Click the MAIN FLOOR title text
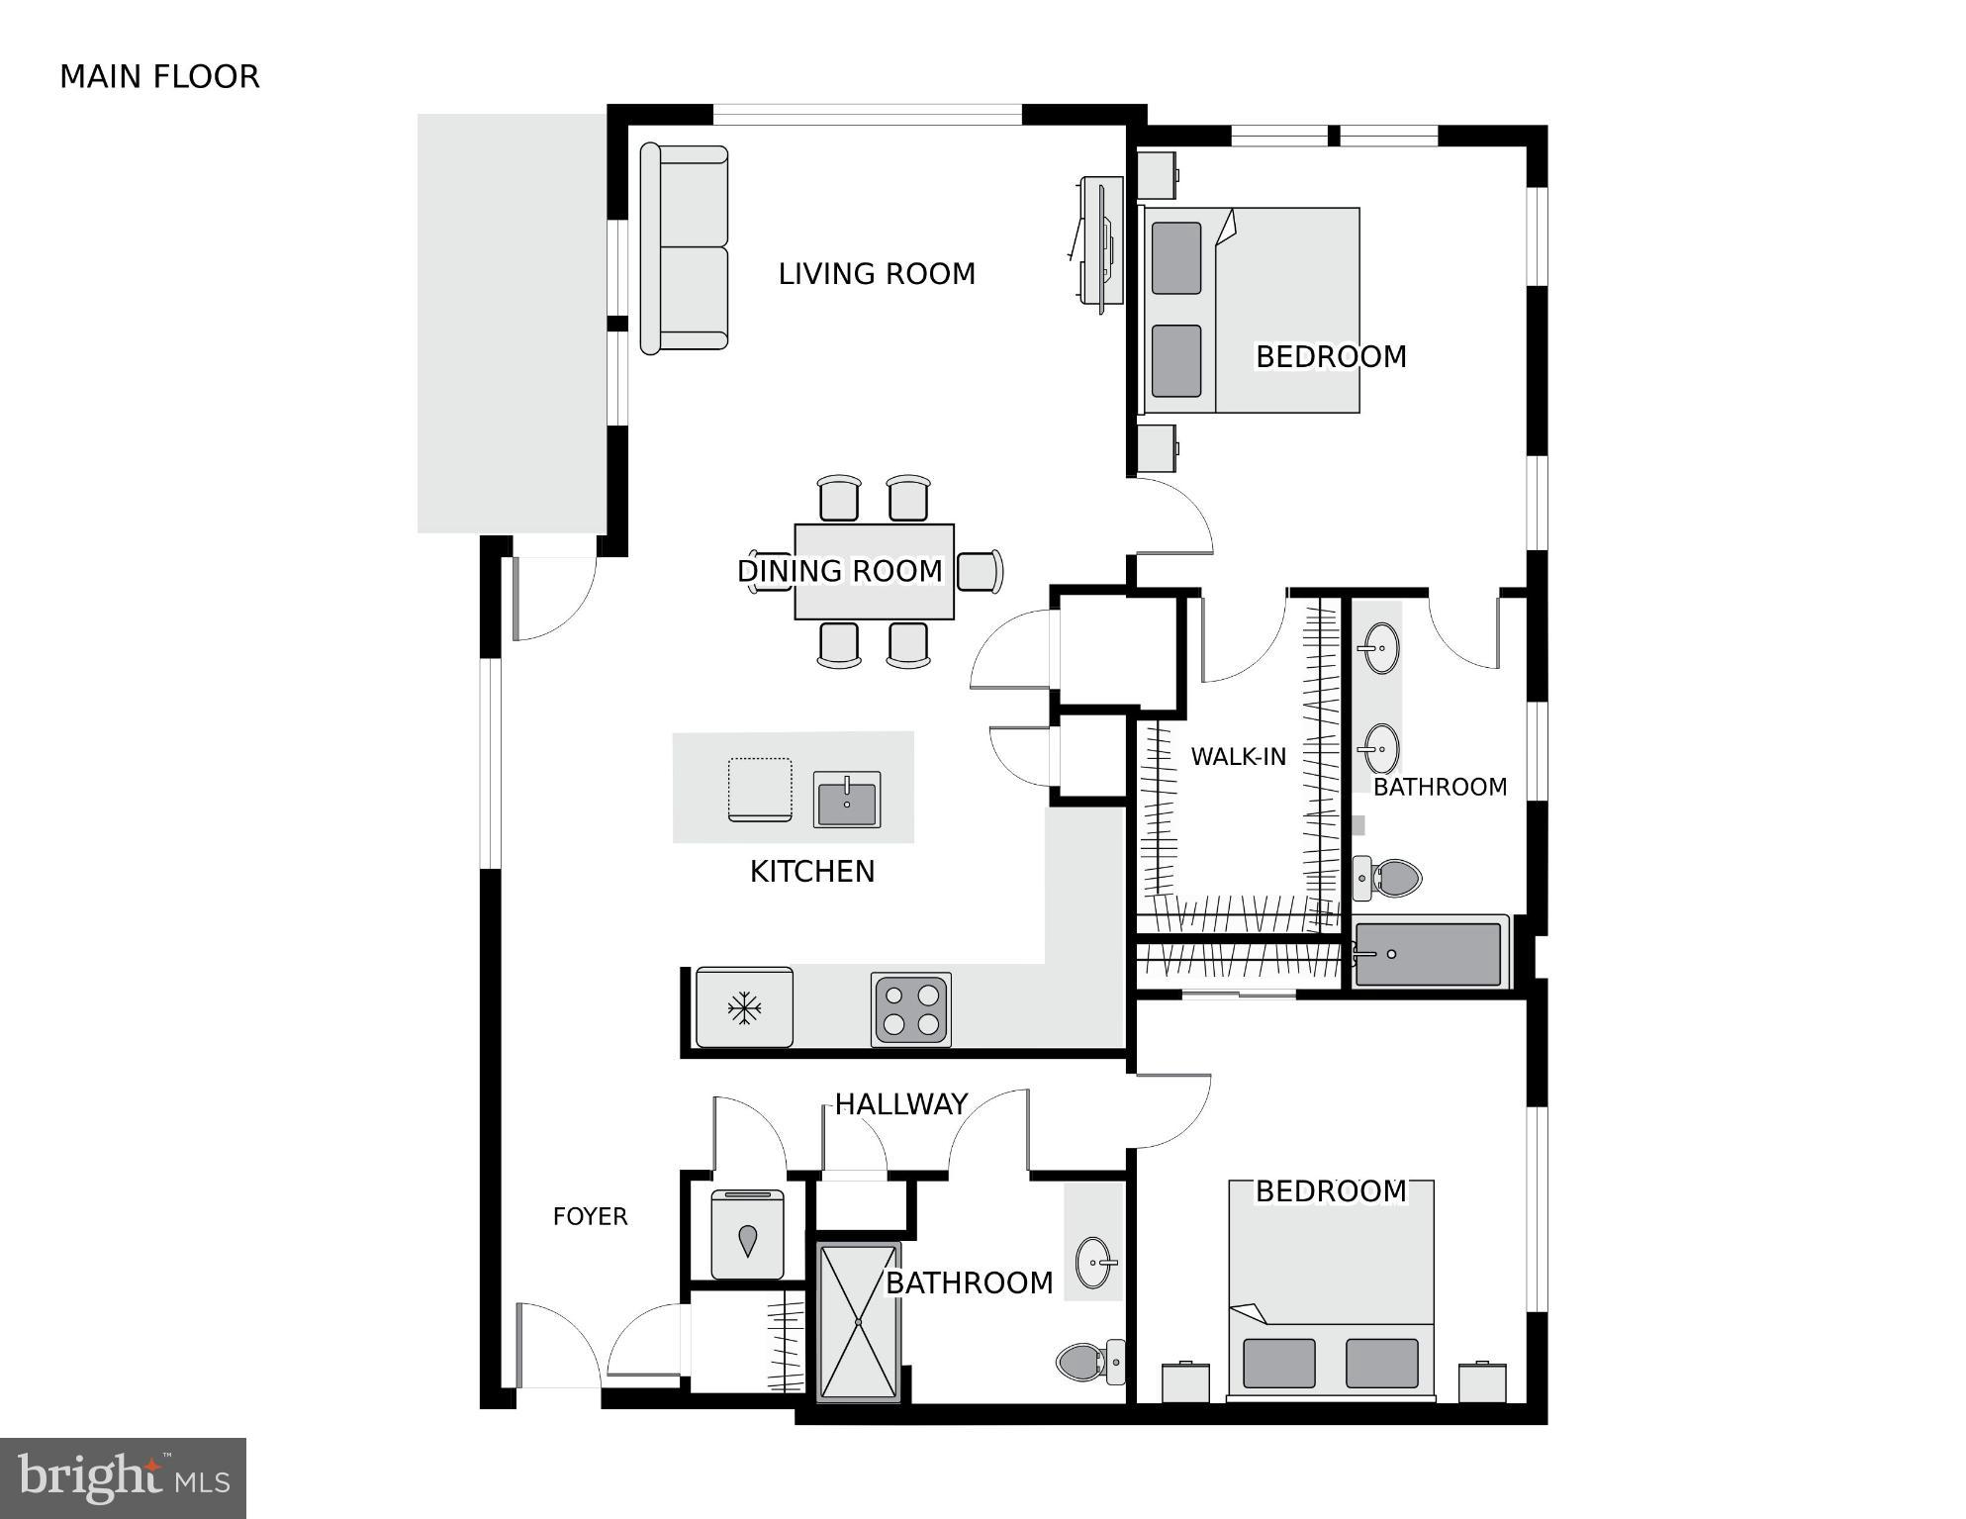click(x=159, y=76)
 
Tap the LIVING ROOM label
click(x=877, y=274)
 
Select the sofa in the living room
click(x=685, y=248)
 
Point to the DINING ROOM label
click(x=840, y=571)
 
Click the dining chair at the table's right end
click(x=980, y=571)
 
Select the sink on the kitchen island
click(x=847, y=799)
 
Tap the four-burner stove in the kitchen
click(x=911, y=1009)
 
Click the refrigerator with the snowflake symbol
click(x=744, y=1007)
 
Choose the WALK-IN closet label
click(x=1238, y=757)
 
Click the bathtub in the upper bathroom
click(x=1430, y=954)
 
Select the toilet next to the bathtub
click(x=1388, y=878)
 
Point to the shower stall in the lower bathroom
click(x=859, y=1321)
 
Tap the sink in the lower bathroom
click(x=1094, y=1263)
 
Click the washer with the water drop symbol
click(x=748, y=1235)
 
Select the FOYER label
click(x=590, y=1216)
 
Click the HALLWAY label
click(x=900, y=1104)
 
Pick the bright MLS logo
click(x=123, y=1478)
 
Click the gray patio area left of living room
click(x=512, y=324)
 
